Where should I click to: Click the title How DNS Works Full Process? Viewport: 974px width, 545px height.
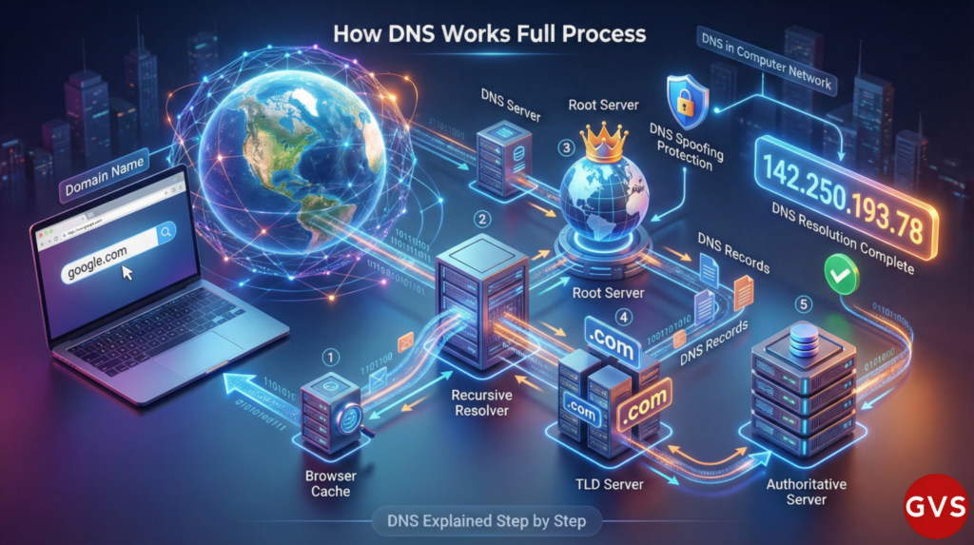pos(490,34)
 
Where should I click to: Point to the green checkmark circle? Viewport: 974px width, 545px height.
pos(841,274)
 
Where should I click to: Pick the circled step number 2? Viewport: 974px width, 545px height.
pos(484,219)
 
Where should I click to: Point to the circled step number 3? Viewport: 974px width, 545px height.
pos(567,148)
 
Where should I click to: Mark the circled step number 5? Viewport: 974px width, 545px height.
pos(805,306)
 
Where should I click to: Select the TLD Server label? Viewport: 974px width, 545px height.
pos(611,484)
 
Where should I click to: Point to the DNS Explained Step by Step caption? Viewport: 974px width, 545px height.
pos(487,520)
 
